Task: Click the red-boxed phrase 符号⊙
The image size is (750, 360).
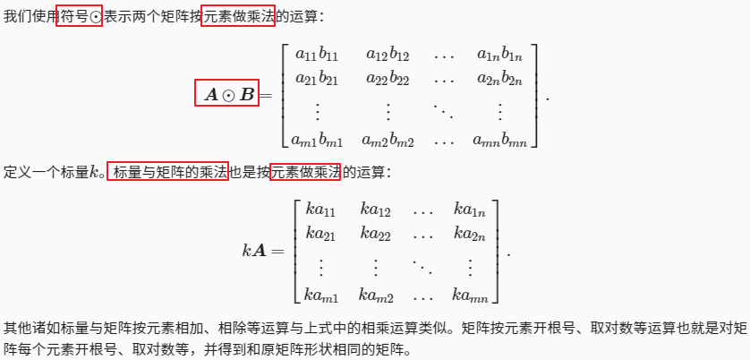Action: point(79,16)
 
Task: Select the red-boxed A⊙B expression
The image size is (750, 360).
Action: point(226,93)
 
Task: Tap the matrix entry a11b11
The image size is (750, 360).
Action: point(311,56)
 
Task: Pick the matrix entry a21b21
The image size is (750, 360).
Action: point(311,77)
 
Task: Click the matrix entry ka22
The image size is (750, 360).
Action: point(376,234)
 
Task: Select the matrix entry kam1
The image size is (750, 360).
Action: point(321,295)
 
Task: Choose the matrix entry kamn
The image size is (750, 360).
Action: point(470,295)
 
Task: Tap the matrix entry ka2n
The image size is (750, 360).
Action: point(470,234)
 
